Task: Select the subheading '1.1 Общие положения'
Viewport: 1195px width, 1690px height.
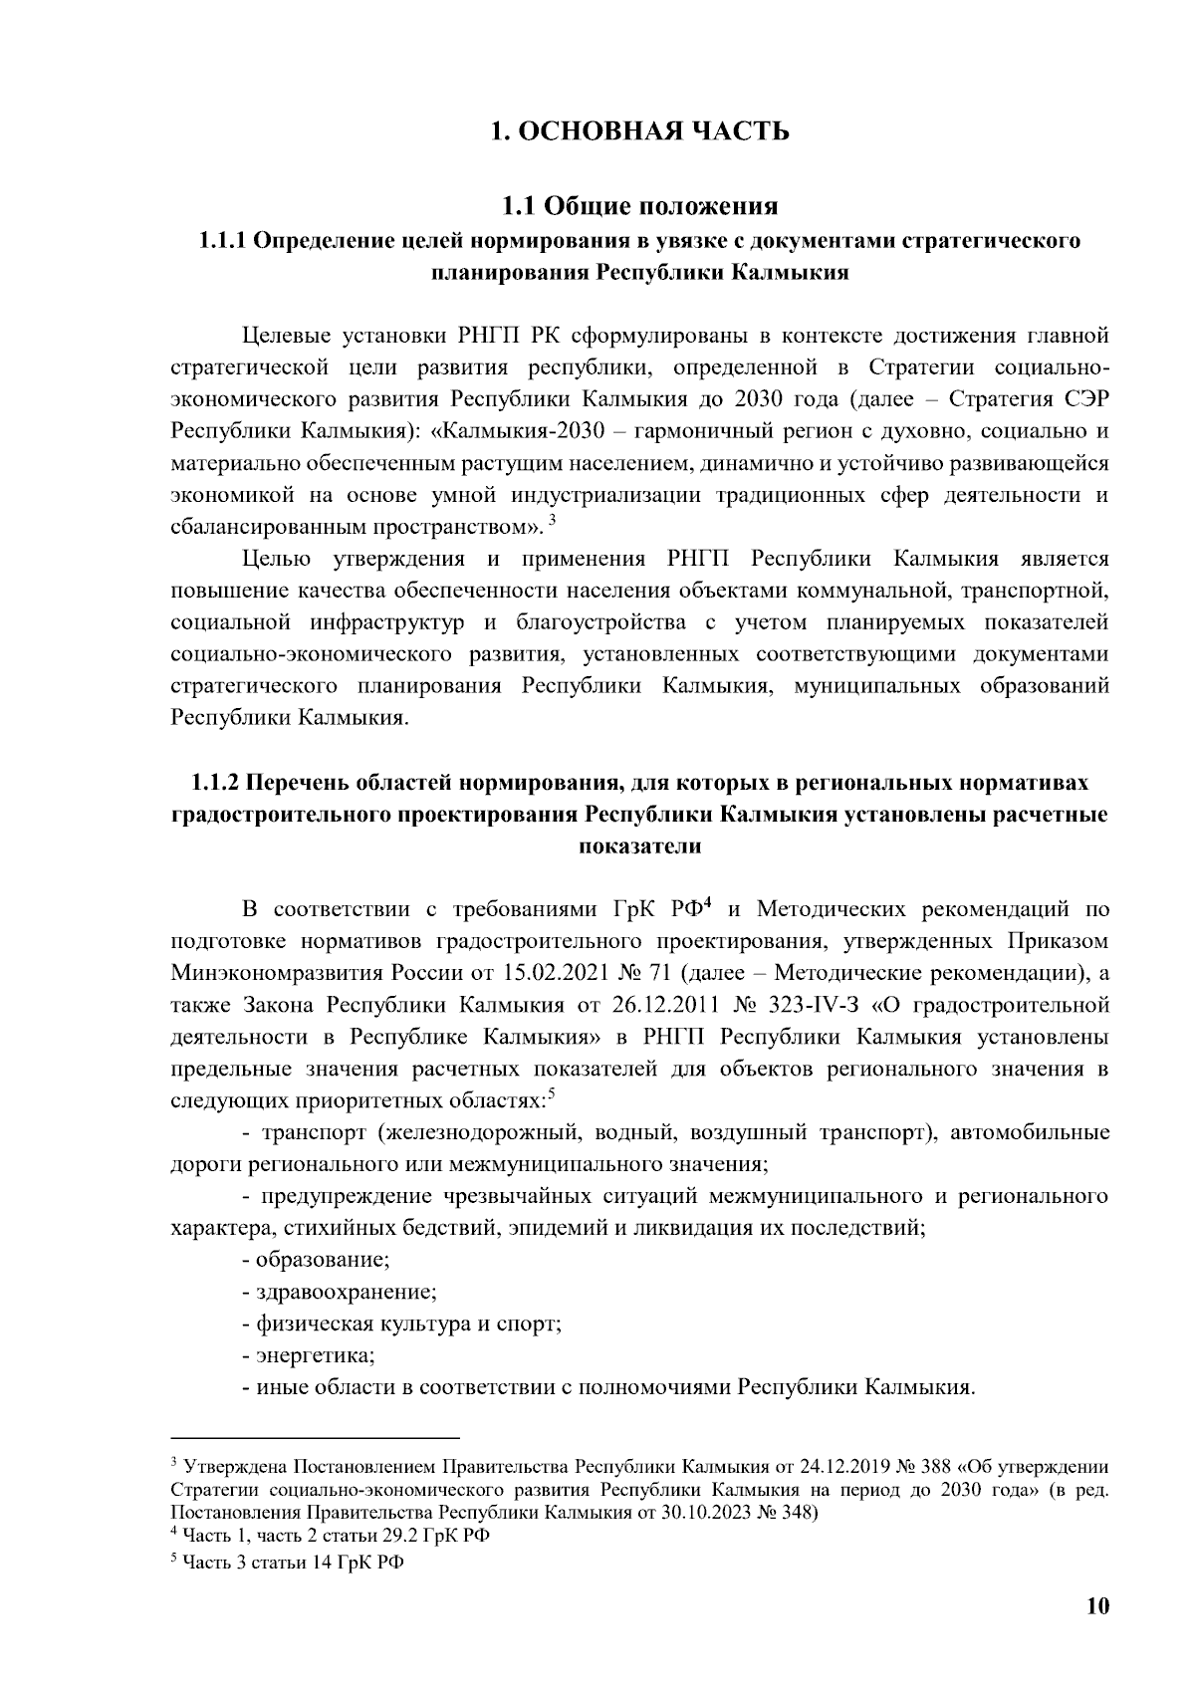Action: (638, 206)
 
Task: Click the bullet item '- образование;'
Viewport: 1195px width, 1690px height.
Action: (316, 1260)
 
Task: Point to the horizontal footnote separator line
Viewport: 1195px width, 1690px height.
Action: (316, 1438)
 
